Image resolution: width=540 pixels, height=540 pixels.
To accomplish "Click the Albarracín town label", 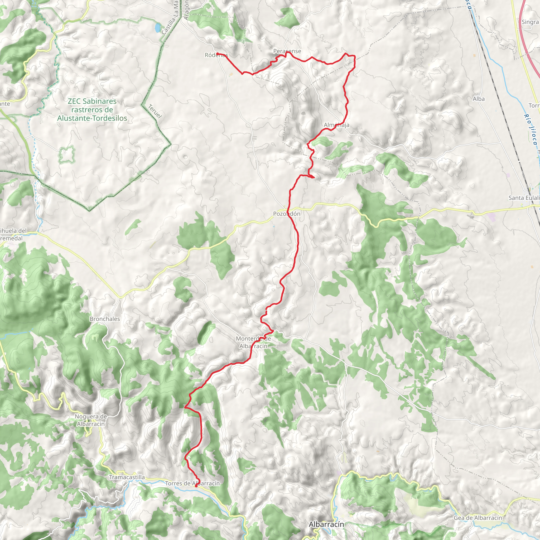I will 326,524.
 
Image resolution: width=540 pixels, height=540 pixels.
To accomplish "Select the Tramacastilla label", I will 127,477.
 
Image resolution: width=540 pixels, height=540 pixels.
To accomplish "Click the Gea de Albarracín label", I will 478,518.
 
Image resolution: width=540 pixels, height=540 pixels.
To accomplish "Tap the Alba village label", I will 479,99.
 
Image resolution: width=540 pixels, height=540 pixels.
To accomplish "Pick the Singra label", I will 530,22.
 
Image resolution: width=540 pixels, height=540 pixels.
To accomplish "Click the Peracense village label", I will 287,51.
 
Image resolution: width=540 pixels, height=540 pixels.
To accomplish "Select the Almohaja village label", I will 336,125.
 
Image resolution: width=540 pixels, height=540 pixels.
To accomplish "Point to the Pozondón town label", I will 287,214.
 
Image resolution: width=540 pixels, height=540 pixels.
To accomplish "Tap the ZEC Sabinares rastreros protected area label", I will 92,110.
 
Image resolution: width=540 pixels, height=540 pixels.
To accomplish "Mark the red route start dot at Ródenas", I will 218,54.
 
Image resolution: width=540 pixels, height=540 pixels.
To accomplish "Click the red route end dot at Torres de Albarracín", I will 196,486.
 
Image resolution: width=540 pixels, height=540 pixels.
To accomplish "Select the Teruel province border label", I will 155,111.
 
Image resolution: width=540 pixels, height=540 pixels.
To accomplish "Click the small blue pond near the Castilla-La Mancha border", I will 158,27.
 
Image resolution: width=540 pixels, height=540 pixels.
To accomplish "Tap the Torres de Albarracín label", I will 192,483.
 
